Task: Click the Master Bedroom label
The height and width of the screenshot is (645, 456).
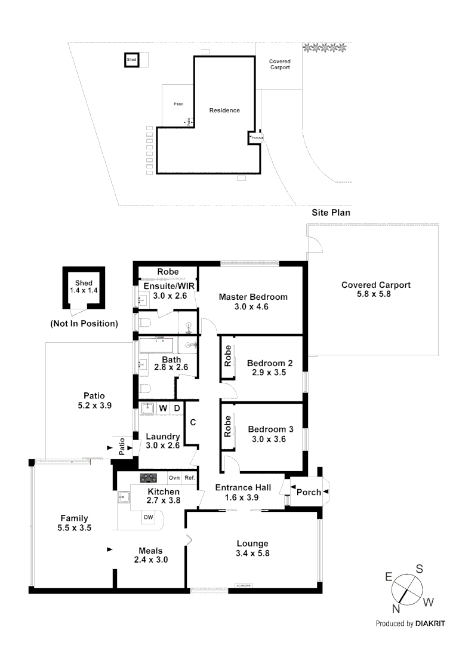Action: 253,297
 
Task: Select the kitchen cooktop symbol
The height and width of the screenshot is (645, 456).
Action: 148,478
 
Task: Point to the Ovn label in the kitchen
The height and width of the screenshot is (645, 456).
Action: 174,478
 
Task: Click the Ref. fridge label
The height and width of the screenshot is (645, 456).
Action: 190,478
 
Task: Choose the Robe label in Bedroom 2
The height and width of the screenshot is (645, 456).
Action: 227,357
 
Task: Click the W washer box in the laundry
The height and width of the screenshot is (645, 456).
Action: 163,408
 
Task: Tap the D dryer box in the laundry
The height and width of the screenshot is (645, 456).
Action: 177,408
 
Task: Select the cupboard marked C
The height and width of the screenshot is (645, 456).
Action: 193,422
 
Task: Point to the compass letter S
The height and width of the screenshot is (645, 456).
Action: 420,569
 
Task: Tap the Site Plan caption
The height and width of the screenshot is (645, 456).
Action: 331,212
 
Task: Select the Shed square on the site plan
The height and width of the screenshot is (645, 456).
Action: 131,60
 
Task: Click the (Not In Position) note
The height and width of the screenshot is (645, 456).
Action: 84,324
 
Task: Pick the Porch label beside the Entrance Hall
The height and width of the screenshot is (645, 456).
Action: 309,492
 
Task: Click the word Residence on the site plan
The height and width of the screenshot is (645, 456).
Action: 224,110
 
